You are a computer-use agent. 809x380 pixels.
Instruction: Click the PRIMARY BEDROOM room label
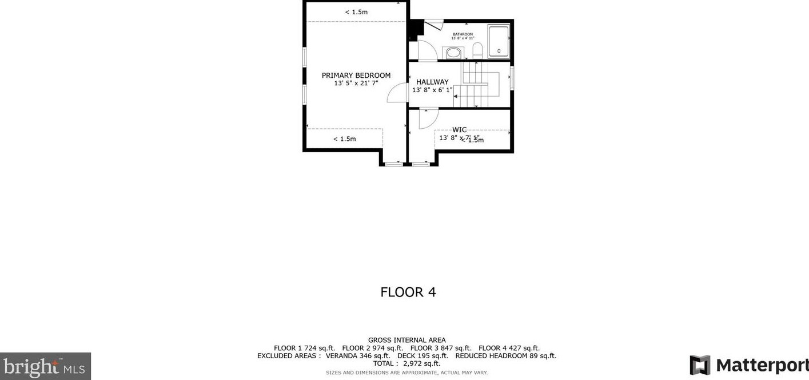[356, 76]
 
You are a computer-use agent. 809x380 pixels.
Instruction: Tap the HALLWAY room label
[432, 82]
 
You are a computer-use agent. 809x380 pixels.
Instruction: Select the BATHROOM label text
[463, 34]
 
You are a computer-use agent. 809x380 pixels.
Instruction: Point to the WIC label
[459, 130]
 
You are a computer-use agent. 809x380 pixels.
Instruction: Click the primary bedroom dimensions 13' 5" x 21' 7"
[356, 84]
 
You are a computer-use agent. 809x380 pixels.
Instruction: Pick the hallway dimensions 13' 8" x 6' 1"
[432, 90]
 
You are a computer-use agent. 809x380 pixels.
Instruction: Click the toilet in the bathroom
[478, 51]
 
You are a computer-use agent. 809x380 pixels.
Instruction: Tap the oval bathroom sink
[453, 53]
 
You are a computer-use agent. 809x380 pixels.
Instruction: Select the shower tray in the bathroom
[499, 40]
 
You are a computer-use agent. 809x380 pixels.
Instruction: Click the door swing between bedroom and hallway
[398, 93]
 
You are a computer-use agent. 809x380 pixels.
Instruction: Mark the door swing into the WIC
[427, 118]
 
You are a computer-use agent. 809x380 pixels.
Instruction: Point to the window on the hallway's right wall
[512, 78]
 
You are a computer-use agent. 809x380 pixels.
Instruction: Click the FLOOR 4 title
[408, 292]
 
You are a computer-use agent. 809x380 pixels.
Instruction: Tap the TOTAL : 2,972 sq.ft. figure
[407, 363]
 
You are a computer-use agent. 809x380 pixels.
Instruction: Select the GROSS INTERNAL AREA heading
[407, 340]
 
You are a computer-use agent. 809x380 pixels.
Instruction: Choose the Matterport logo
[748, 365]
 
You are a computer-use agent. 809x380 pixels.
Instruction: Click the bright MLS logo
[45, 366]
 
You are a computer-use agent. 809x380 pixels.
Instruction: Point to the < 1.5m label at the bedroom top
[356, 12]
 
